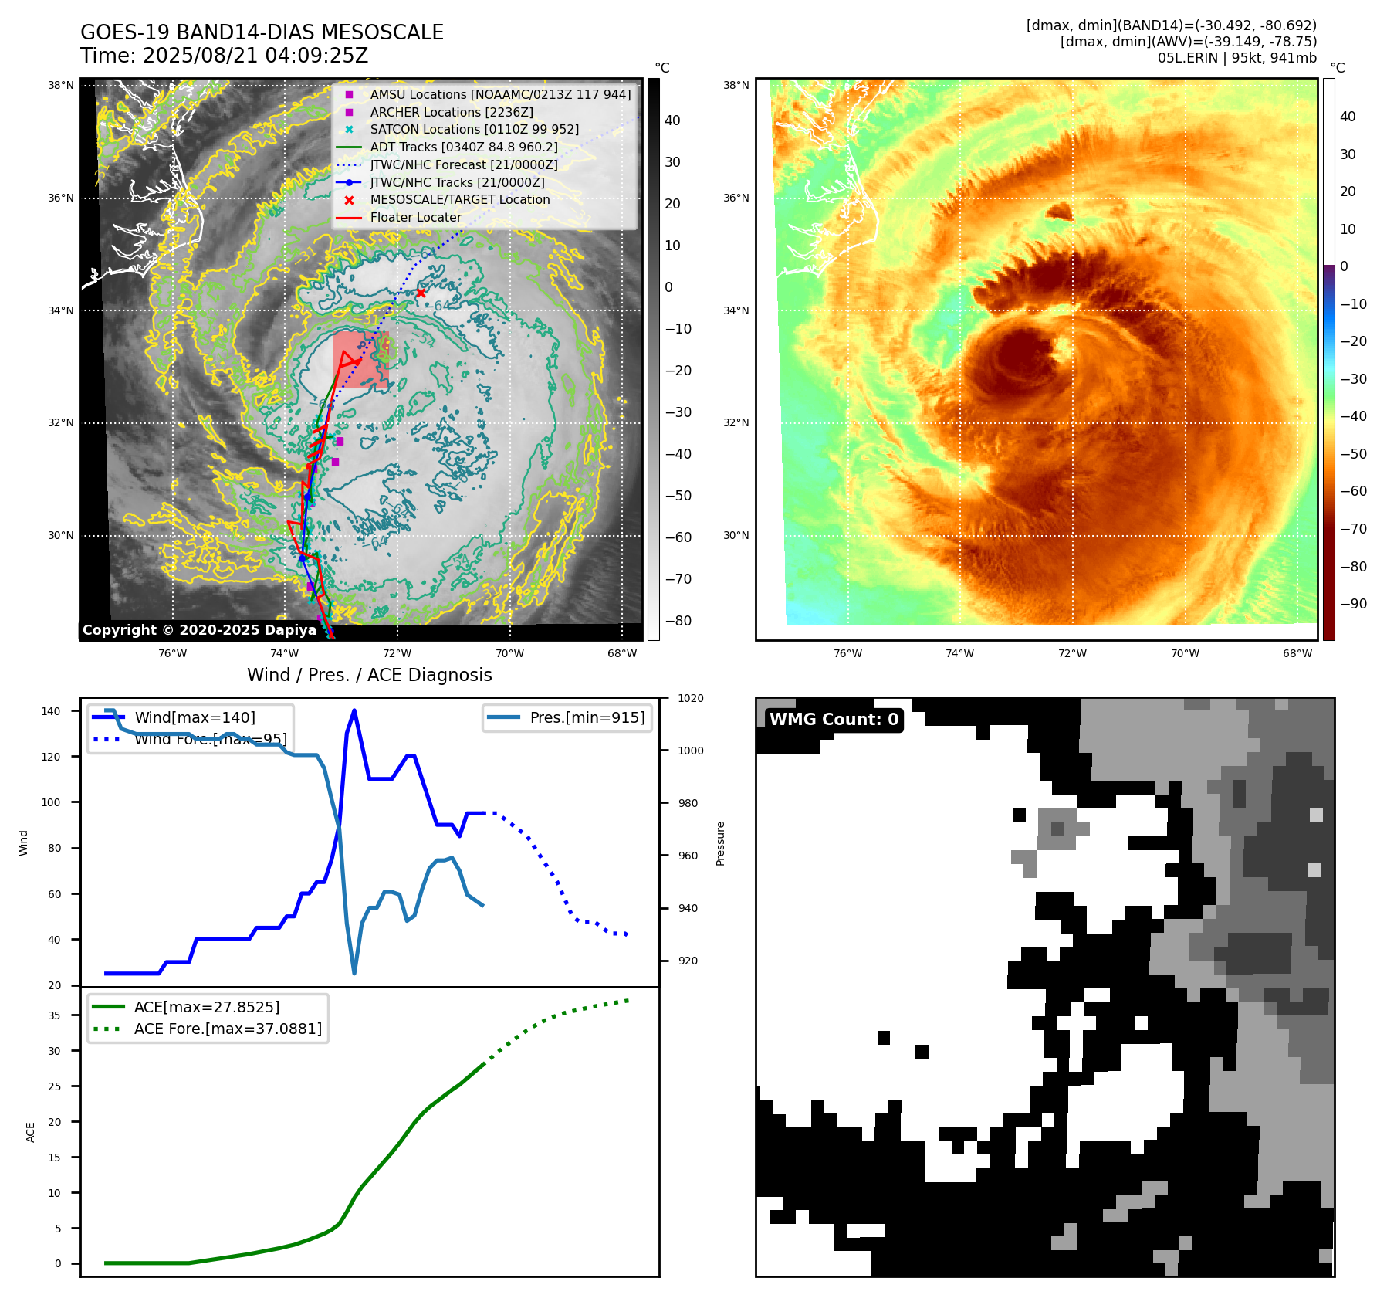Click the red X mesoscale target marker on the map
(x=421, y=293)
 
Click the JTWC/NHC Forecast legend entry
(x=463, y=164)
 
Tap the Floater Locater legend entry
(x=415, y=217)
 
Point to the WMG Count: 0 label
(x=834, y=720)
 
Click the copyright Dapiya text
(x=199, y=630)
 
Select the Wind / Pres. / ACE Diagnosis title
(x=369, y=675)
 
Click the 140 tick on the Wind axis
(x=51, y=711)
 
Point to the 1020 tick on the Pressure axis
(x=690, y=698)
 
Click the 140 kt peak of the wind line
(x=354, y=710)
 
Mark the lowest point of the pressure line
(x=354, y=973)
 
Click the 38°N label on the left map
(x=61, y=85)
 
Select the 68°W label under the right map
(x=1297, y=653)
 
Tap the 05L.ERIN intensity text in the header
(x=1236, y=58)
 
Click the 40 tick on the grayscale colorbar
(x=672, y=120)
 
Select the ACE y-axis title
(x=31, y=1132)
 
